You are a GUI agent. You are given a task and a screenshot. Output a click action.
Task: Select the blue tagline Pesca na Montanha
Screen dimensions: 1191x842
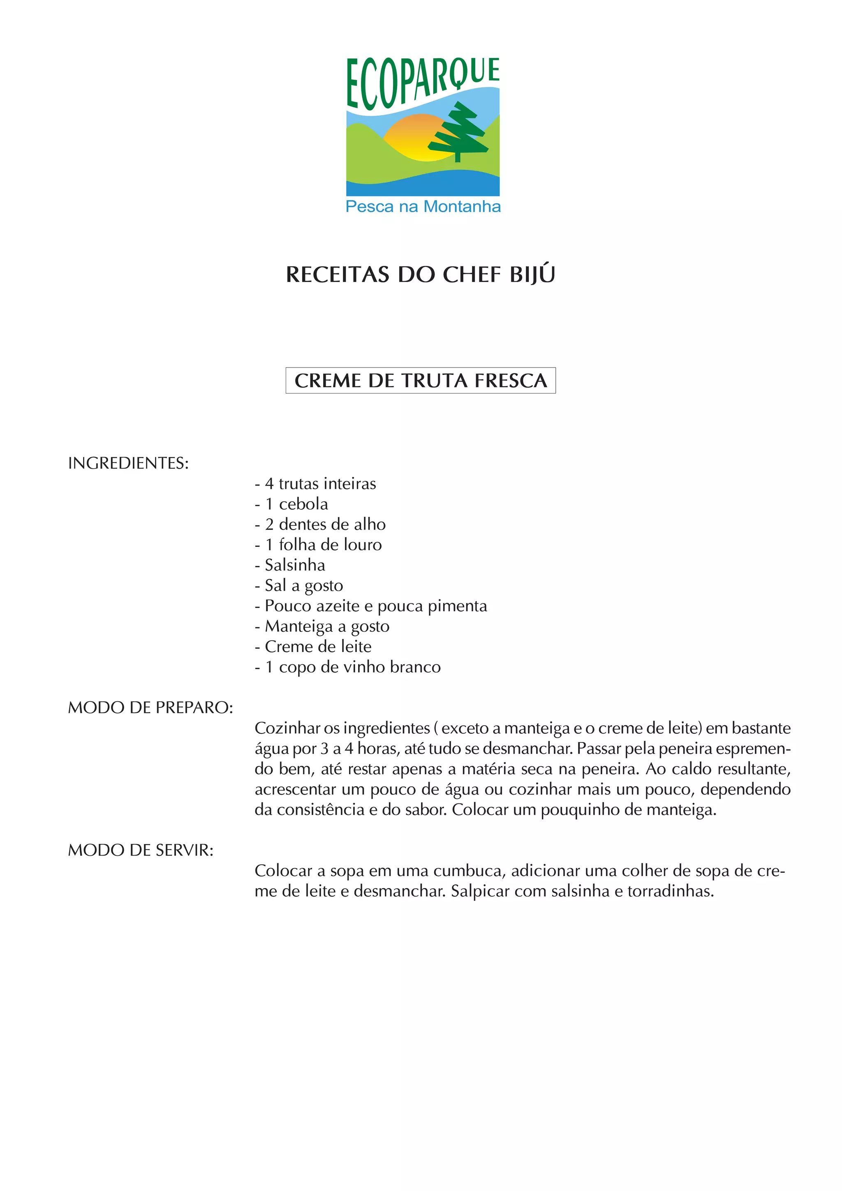pyautogui.click(x=423, y=206)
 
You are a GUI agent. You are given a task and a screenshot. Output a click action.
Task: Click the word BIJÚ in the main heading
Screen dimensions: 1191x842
pyautogui.click(x=532, y=274)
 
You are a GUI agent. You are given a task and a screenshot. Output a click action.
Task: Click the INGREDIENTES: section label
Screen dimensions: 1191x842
pyautogui.click(x=128, y=463)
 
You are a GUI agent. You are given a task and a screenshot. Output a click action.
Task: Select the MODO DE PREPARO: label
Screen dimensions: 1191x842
pyautogui.click(x=150, y=707)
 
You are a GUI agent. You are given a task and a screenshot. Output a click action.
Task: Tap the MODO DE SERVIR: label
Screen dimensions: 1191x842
pyautogui.click(x=141, y=850)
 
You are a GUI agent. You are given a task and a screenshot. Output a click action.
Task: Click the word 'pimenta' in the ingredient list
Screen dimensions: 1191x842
pyautogui.click(x=457, y=606)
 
